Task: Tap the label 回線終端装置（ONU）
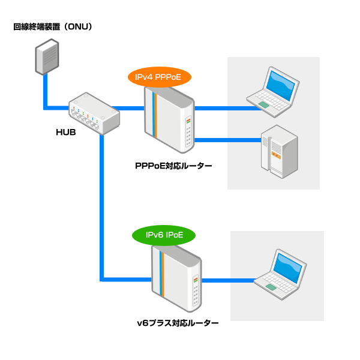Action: (53, 27)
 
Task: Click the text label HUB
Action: (65, 131)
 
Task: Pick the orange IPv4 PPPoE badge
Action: (159, 77)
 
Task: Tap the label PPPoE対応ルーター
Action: (173, 166)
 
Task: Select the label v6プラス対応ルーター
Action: (178, 323)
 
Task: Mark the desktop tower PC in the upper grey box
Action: (278, 152)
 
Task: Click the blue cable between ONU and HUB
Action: (46, 96)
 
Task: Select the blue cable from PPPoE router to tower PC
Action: (228, 140)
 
